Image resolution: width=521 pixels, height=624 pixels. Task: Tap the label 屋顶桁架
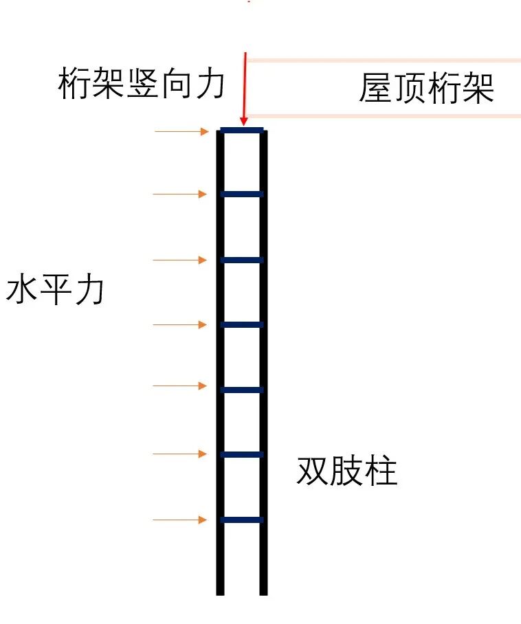(426, 89)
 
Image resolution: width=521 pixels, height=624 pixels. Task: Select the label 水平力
(55, 291)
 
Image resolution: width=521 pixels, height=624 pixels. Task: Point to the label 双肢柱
(347, 472)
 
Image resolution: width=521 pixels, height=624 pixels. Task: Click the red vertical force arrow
(244, 89)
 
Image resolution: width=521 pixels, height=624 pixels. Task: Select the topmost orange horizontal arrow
(181, 131)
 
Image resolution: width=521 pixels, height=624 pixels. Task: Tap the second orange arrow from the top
(179, 194)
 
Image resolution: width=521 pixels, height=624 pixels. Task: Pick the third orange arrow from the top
(179, 260)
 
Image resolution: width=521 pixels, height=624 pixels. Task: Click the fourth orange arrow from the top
(179, 324)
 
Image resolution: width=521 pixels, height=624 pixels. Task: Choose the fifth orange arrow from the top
(179, 386)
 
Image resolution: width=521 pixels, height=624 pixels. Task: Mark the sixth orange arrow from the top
(179, 454)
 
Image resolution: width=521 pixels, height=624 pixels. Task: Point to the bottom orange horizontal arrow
(179, 520)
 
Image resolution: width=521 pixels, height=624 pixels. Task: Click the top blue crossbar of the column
(242, 130)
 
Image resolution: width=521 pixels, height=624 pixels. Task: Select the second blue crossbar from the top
(242, 194)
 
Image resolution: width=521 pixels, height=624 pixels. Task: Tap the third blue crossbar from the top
(242, 260)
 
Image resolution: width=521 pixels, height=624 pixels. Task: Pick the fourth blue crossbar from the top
(242, 324)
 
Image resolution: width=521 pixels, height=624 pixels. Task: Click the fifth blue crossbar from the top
(242, 390)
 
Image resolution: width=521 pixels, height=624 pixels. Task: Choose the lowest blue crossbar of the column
(242, 520)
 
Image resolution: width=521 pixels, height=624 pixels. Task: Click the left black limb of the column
(221, 357)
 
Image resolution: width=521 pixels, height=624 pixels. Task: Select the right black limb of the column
(263, 357)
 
